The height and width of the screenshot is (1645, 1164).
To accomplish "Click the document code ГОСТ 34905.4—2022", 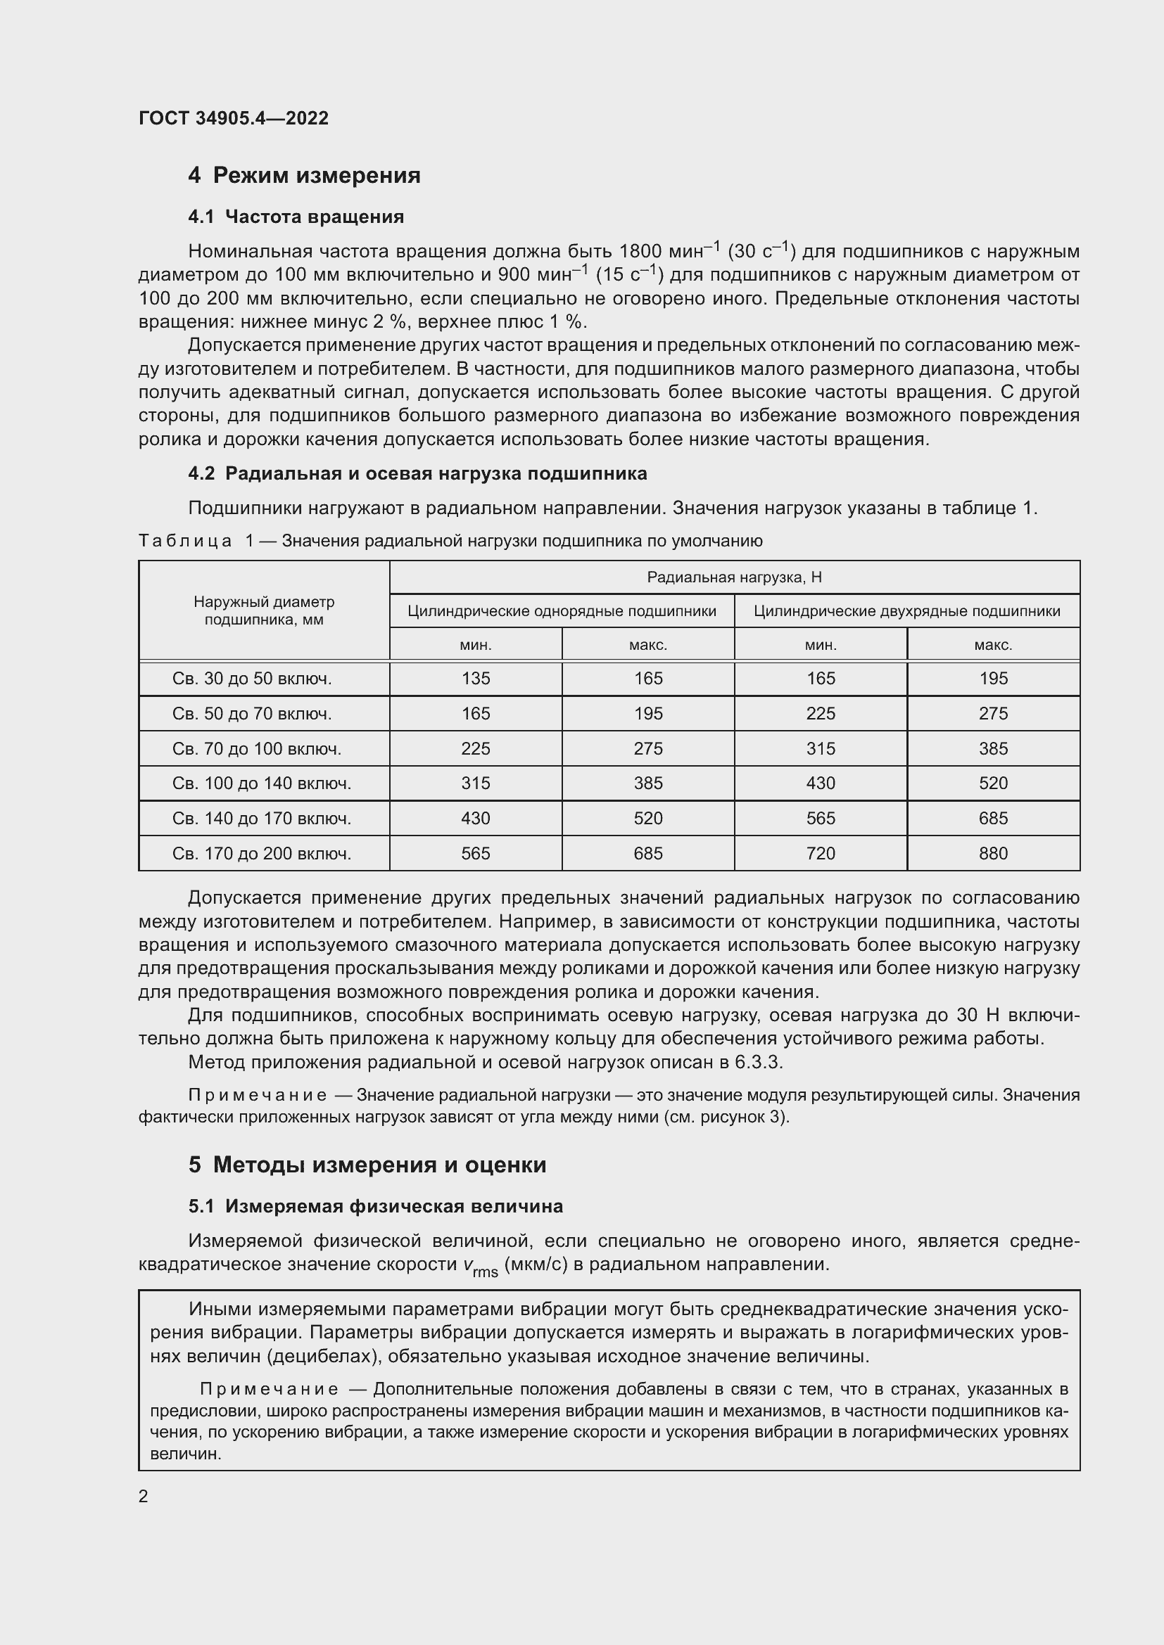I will [233, 118].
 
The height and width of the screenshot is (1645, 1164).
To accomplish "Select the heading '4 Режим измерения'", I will [304, 175].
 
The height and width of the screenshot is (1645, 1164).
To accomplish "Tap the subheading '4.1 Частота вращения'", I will [296, 217].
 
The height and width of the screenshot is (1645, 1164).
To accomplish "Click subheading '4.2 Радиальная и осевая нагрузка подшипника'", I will [417, 473].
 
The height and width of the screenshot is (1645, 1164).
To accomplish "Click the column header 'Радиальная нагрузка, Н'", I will [734, 577].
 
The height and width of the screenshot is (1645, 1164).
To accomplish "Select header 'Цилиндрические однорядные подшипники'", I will [561, 611].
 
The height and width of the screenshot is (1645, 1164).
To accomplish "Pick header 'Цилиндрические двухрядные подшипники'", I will [906, 611].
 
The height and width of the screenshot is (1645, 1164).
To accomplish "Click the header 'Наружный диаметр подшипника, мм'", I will [264, 610].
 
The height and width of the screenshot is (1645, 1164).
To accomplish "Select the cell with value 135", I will [476, 679].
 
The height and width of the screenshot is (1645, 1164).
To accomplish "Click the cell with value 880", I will [993, 853].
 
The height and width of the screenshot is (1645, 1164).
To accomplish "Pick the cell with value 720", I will [821, 853].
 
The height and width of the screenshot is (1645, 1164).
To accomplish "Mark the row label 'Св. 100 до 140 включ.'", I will [262, 783].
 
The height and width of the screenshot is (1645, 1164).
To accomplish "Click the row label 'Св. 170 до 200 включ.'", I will [262, 853].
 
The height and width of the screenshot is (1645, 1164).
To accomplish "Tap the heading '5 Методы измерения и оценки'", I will [367, 1165].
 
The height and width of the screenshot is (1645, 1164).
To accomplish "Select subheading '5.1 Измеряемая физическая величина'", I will [376, 1207].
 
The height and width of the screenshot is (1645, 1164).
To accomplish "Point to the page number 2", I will [144, 1496].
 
